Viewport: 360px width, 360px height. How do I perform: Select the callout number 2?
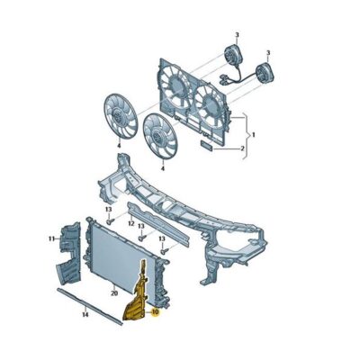pyautogui.click(x=240, y=148)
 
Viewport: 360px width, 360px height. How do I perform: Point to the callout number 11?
pyautogui.click(x=52, y=238)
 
